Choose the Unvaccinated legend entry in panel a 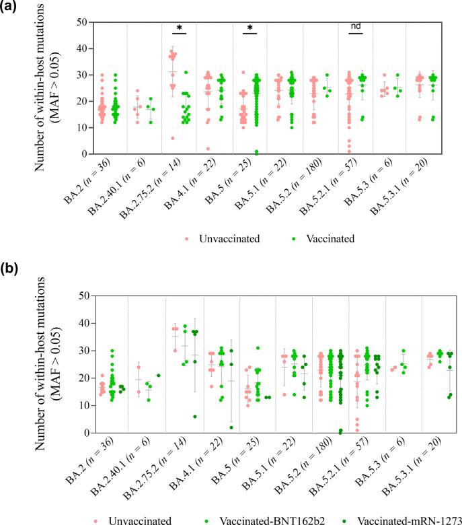[221, 238]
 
